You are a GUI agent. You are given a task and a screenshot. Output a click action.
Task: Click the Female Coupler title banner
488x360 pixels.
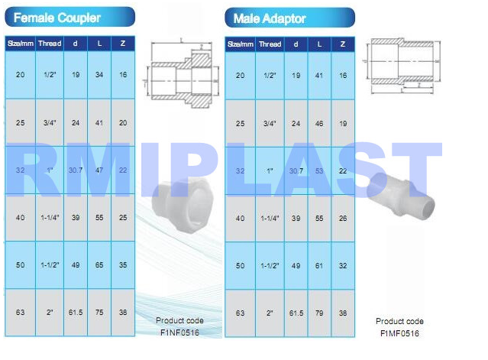pos(69,17)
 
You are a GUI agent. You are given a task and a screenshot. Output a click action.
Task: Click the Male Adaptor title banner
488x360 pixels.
pos(289,17)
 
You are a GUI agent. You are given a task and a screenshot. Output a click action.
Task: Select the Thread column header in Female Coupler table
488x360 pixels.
pos(50,44)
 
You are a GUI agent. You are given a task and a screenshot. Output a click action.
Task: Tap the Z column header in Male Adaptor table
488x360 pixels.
pos(343,44)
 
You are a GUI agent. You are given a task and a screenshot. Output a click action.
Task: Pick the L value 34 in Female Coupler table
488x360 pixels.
pos(99,75)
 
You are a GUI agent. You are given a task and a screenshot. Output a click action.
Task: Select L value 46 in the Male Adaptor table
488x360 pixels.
pos(318,123)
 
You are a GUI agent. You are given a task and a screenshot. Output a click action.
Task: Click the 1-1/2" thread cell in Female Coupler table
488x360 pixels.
pos(50,265)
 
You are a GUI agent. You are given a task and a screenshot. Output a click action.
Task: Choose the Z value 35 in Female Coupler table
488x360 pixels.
pos(123,265)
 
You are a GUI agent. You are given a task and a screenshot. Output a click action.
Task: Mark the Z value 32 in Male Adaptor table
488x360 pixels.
pos(343,265)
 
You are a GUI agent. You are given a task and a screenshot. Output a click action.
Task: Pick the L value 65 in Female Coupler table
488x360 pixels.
pos(99,265)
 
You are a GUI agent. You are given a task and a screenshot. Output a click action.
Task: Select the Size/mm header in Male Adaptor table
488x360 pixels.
pos(241,44)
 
